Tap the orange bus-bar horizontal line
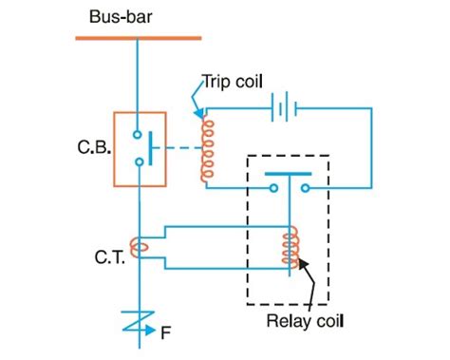click(139, 38)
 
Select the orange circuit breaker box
click(139, 146)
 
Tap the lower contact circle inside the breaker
click(139, 162)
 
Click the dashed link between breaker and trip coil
click(178, 148)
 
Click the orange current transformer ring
click(140, 249)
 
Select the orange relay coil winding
click(289, 249)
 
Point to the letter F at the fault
click(166, 333)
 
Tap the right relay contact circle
click(303, 188)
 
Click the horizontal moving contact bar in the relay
click(289, 175)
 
